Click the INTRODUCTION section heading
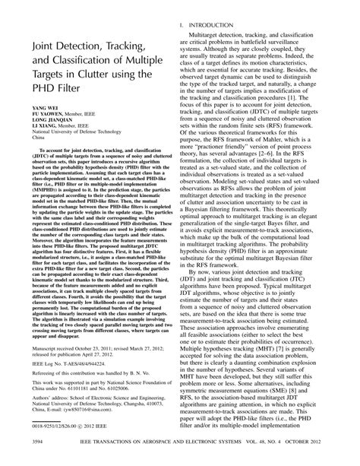click(x=221, y=26)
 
